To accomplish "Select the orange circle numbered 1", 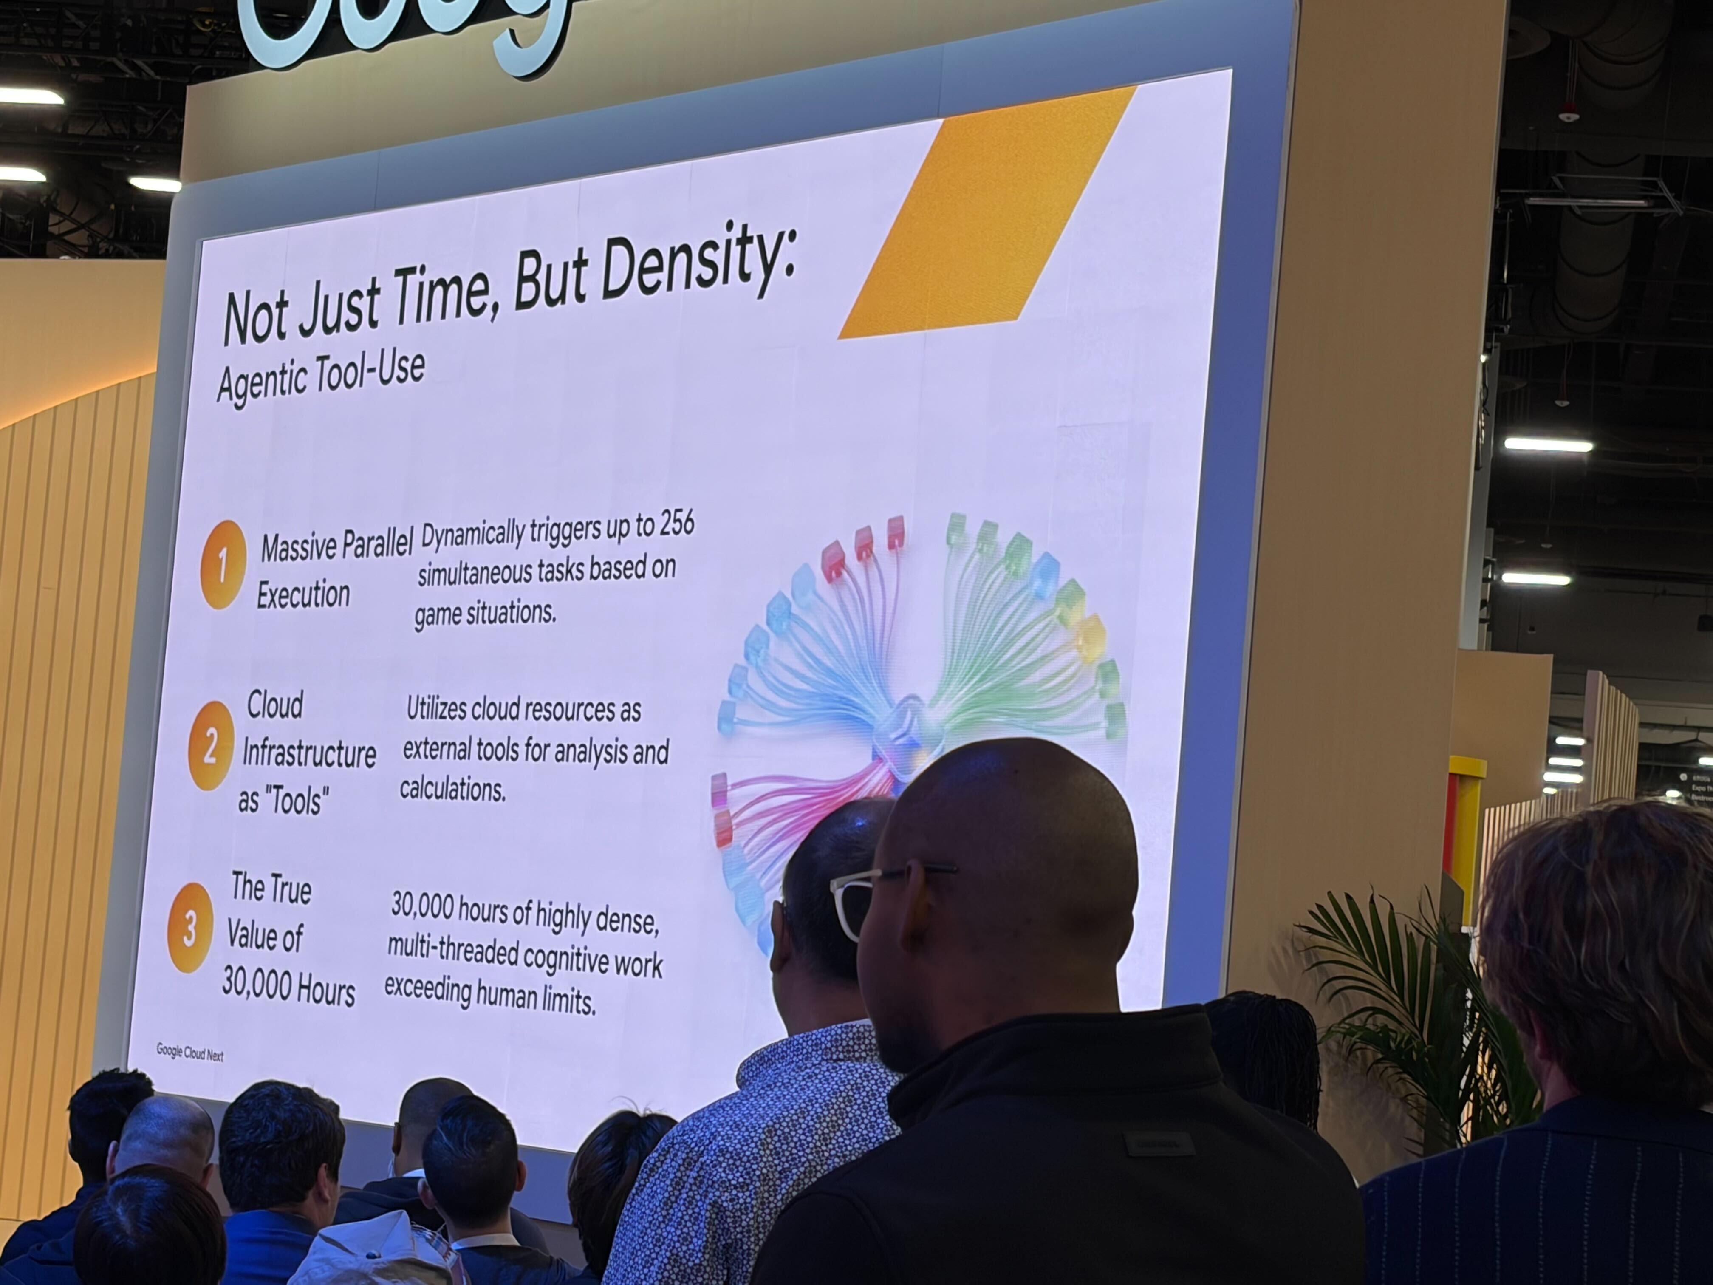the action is [223, 565].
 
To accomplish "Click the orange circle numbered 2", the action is [210, 746].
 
